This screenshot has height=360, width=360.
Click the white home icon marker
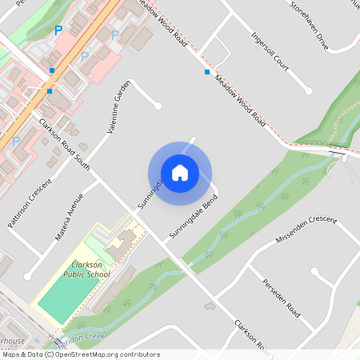click(x=180, y=173)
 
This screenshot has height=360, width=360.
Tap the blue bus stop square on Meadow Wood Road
click(x=207, y=73)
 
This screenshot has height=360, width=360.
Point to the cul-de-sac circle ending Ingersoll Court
click(x=308, y=91)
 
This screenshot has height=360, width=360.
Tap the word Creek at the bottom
click(x=94, y=337)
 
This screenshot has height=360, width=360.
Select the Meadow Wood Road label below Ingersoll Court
click(x=240, y=101)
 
